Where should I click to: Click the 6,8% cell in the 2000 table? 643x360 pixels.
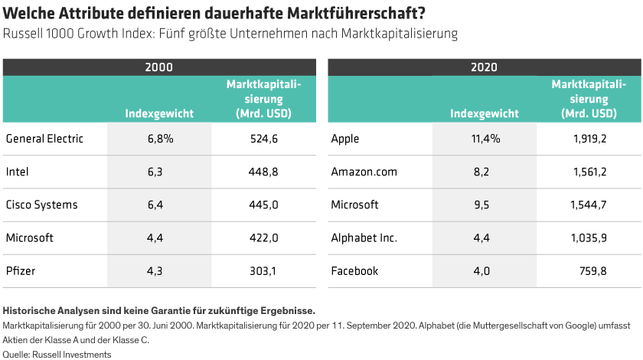coord(160,139)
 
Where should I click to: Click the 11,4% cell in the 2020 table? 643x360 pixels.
coord(485,139)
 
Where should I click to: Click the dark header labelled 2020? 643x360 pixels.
coord(484,67)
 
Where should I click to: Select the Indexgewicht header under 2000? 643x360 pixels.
coord(159,113)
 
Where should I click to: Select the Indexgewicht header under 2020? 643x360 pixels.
coord(484,113)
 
